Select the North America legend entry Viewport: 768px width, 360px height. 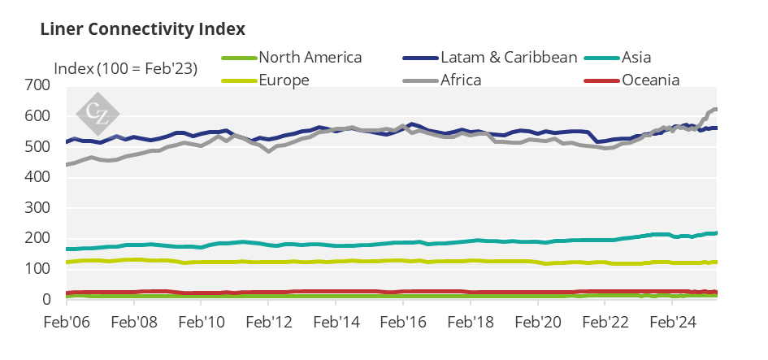coord(310,57)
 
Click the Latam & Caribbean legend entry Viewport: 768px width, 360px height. coord(508,57)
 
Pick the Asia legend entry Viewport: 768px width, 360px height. coord(636,57)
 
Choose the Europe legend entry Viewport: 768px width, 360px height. coord(284,80)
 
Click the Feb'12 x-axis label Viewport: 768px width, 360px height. coord(269,321)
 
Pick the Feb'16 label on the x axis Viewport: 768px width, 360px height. coord(404,321)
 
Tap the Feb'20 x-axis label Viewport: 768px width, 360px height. coord(539,321)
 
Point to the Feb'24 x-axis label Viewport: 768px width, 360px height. coord(674,321)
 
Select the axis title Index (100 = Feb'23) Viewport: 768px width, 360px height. coord(125,68)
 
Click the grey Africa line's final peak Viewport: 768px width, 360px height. coord(715,109)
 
